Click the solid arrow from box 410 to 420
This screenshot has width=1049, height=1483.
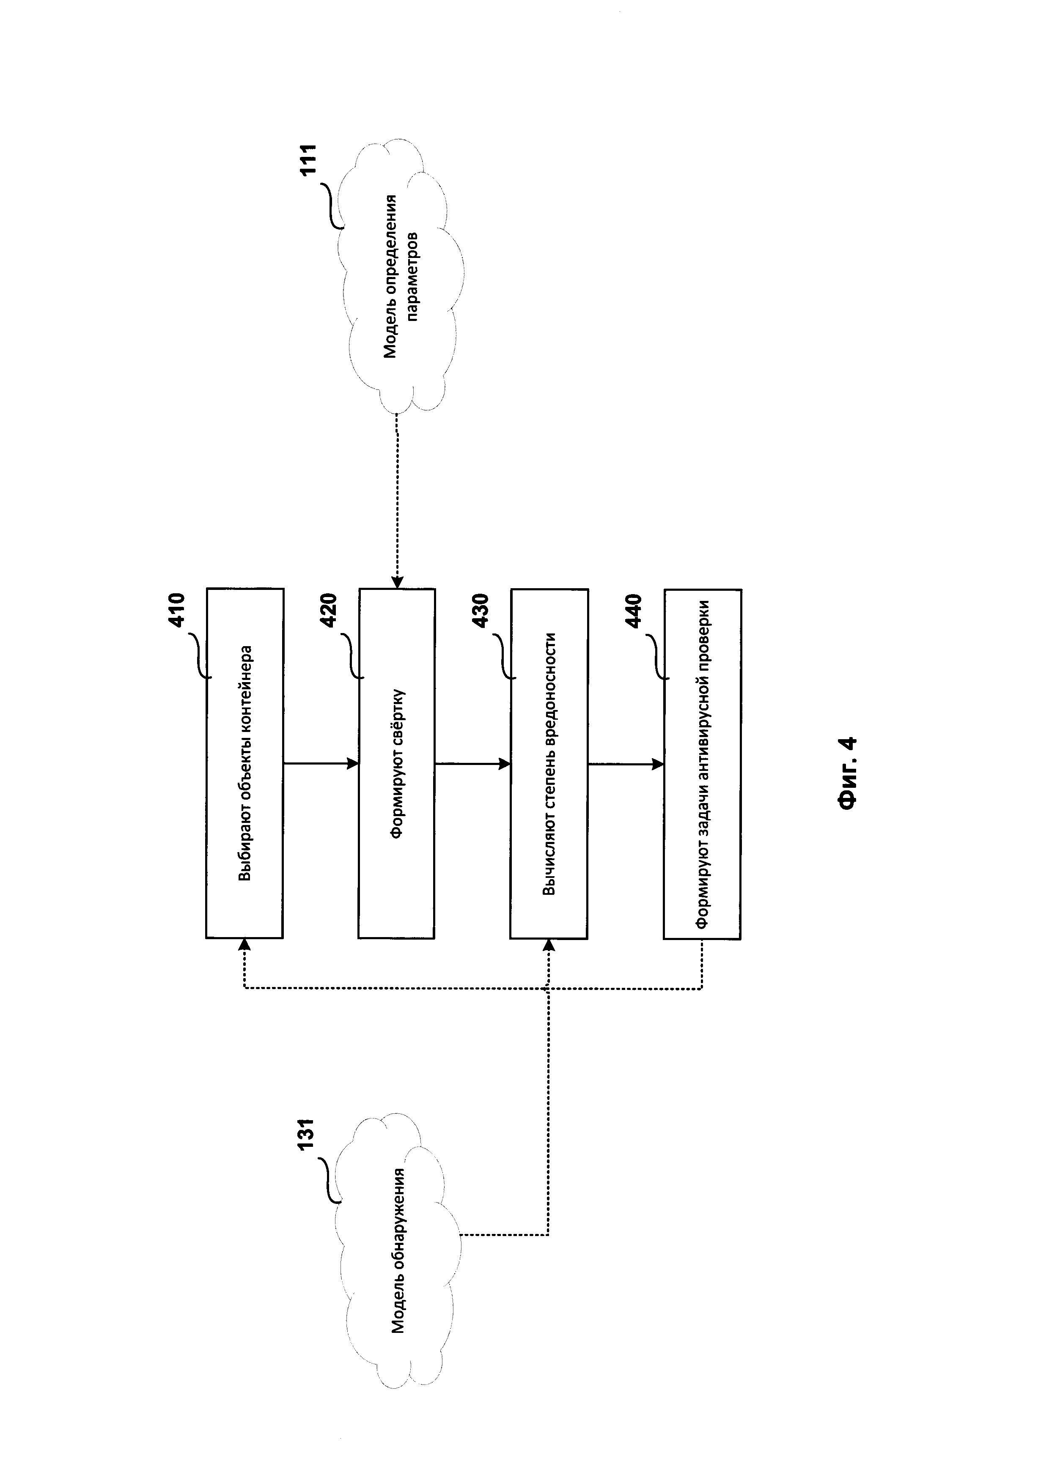(x=321, y=763)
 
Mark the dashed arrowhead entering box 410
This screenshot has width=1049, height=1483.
(x=244, y=944)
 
